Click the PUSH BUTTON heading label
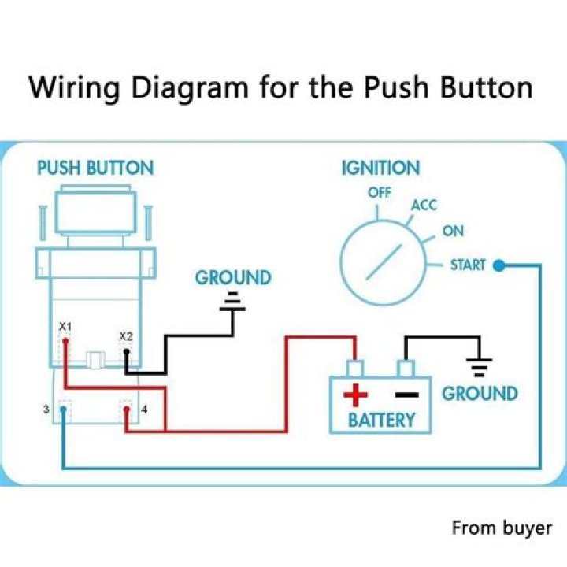pos(95,168)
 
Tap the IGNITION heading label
pos(380,168)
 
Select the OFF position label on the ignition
pos(379,192)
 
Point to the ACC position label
pos(424,206)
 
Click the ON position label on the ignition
pos(453,232)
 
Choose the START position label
pos(468,265)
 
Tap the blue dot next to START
pos(498,266)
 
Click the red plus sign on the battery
pos(356,392)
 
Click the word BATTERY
pos(381,419)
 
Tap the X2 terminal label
pos(126,336)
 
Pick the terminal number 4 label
pos(143,409)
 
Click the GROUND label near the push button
pos(232,278)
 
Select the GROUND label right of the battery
pos(480,394)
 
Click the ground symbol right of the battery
pos(480,365)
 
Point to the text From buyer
pos(502,528)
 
